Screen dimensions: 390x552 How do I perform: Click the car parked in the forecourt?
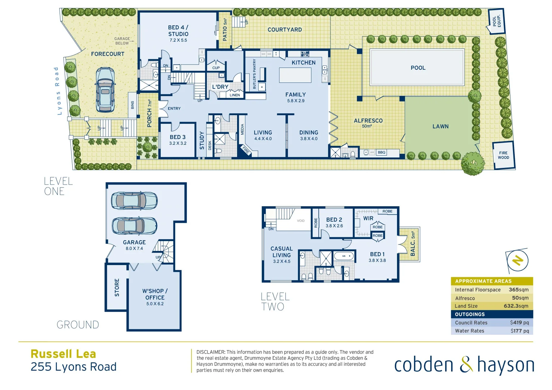point(105,90)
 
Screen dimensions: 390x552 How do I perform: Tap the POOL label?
point(418,68)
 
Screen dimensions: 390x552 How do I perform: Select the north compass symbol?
point(518,260)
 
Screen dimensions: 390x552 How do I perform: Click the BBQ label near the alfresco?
point(381,152)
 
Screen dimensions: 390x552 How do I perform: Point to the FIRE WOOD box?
point(503,155)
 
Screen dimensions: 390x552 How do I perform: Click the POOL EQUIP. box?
point(496,21)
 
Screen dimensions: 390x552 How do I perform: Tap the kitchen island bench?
point(295,75)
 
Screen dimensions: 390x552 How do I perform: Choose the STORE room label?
point(117,287)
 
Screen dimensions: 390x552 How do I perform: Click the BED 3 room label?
point(178,137)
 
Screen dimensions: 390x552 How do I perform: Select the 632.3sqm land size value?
point(516,306)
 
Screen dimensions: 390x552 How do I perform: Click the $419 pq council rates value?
point(519,322)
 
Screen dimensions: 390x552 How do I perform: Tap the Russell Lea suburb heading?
point(63,354)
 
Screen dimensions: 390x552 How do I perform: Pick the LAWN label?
point(440,126)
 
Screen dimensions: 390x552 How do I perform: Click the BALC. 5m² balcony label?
point(413,244)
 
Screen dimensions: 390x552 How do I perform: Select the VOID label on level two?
point(301,221)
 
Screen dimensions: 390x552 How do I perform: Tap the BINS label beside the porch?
point(133,105)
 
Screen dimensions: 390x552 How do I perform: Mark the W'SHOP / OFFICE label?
point(155,294)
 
